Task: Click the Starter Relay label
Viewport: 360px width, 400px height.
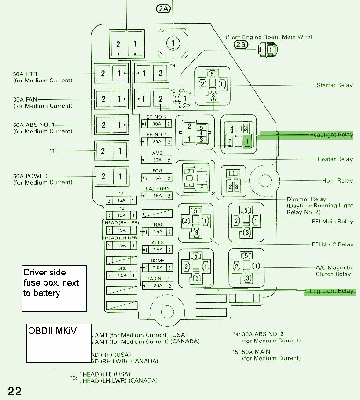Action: point(335,85)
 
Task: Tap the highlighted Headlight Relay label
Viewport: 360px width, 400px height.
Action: point(331,135)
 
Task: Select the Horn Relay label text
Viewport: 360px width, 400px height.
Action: point(337,181)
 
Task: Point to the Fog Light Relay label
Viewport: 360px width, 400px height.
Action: point(331,291)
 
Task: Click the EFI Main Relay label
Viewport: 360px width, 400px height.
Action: point(332,222)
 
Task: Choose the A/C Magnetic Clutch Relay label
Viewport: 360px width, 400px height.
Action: point(333,271)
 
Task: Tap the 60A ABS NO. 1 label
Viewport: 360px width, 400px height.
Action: point(34,125)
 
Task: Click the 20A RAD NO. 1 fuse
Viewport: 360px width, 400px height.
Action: point(157,285)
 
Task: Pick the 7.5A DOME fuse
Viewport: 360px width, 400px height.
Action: point(157,267)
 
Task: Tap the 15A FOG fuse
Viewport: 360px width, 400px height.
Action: point(157,178)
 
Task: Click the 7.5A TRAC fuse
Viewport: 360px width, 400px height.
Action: point(157,231)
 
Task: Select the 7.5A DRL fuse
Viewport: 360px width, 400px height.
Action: point(122,275)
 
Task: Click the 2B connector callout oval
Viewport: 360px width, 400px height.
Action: point(240,44)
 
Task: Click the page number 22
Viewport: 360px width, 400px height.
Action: point(15,391)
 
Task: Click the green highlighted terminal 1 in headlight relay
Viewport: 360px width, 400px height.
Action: point(248,141)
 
